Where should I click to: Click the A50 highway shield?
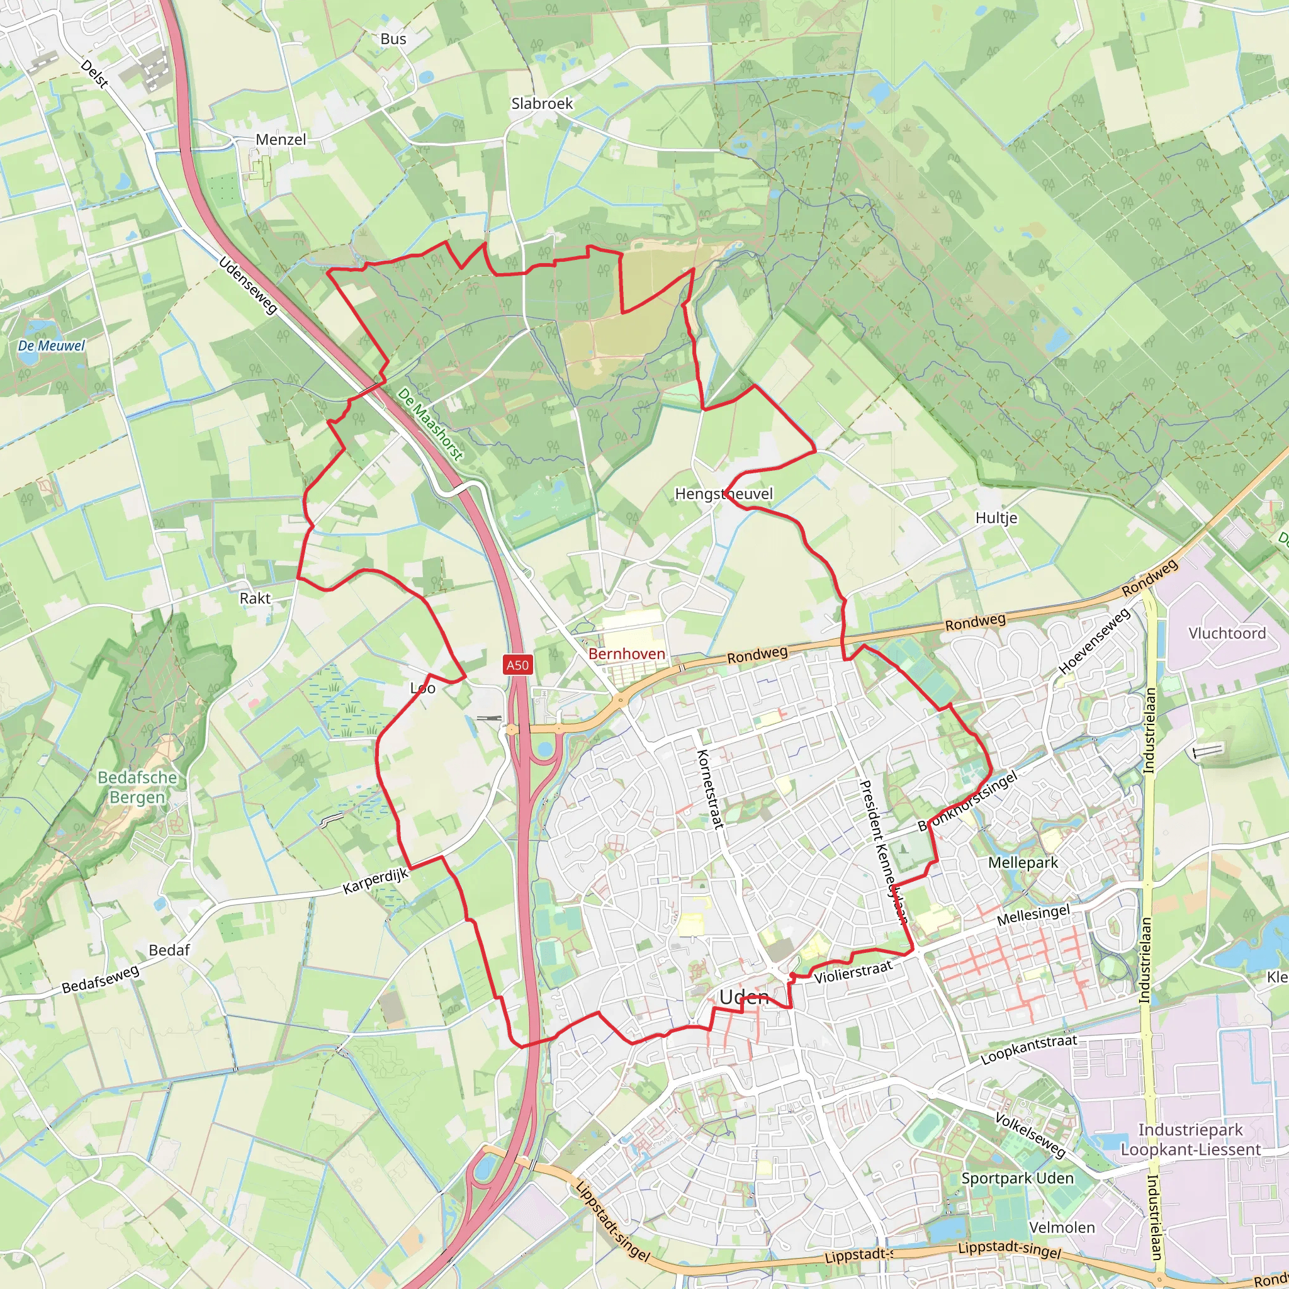[517, 665]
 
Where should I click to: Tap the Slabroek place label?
[542, 103]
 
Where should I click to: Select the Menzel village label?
[281, 140]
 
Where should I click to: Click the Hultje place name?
[996, 518]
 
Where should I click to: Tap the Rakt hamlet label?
[255, 598]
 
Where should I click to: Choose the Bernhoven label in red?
[626, 654]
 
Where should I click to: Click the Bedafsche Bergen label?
[137, 787]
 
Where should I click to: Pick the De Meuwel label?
[52, 346]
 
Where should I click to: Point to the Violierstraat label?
[853, 972]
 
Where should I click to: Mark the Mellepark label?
[1023, 863]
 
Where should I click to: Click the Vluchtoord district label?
[1227, 633]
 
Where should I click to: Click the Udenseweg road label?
[247, 285]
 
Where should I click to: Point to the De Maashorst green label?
[430, 424]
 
